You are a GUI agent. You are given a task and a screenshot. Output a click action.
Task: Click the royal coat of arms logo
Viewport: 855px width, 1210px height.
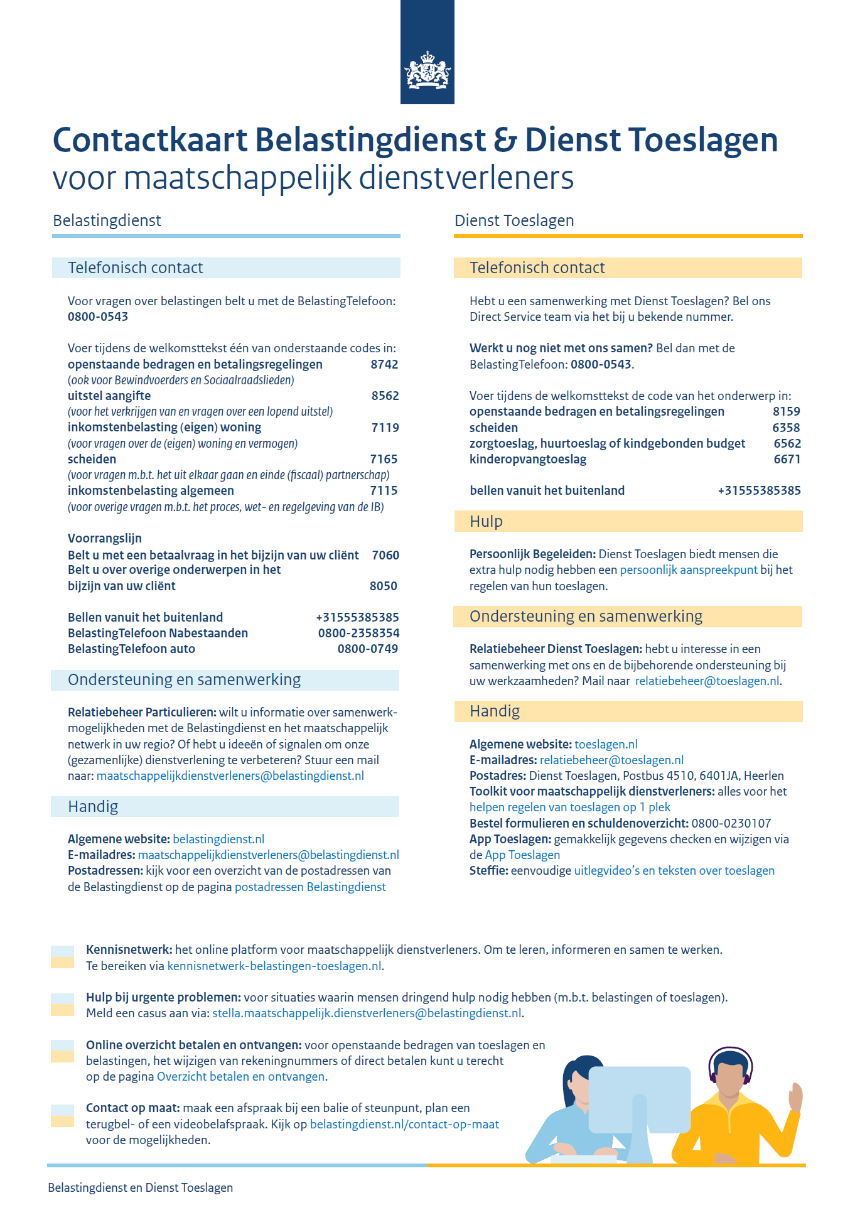click(427, 70)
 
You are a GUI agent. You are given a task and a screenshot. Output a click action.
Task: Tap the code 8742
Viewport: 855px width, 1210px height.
click(384, 364)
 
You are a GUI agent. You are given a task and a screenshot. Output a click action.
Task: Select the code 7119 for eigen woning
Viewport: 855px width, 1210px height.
click(385, 428)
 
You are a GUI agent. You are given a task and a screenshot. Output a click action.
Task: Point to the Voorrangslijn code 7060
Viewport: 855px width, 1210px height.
click(385, 555)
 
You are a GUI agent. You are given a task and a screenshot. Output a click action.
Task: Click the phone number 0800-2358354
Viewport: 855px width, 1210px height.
click(358, 633)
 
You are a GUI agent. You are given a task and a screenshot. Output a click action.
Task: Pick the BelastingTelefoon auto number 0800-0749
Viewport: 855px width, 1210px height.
click(368, 649)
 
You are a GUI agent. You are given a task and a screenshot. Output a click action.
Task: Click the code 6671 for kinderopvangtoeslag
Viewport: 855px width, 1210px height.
click(787, 459)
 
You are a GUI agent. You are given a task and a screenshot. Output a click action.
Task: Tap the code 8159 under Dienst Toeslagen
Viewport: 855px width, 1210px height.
click(786, 411)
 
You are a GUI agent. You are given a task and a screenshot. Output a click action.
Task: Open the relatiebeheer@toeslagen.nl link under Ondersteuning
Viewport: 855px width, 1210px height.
click(707, 681)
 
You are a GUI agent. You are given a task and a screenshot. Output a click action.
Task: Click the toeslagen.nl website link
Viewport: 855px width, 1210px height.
click(606, 744)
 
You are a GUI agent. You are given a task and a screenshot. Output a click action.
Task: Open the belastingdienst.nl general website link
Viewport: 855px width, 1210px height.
click(218, 839)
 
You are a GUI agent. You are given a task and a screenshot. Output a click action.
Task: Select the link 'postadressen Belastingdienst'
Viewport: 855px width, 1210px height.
click(310, 887)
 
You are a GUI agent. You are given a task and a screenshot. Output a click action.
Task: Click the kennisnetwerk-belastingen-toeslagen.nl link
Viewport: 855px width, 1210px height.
click(274, 966)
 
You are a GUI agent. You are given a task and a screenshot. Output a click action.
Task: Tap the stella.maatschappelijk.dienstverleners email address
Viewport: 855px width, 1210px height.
click(367, 1013)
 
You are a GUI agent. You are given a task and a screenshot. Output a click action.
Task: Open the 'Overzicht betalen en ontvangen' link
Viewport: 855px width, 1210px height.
click(240, 1076)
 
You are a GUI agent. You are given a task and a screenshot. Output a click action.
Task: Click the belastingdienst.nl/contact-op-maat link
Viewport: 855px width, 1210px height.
click(404, 1124)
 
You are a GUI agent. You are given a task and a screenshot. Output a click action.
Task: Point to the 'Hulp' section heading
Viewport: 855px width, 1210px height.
click(486, 521)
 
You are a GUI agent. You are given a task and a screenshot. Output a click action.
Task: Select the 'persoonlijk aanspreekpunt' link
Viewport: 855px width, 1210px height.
click(689, 570)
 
